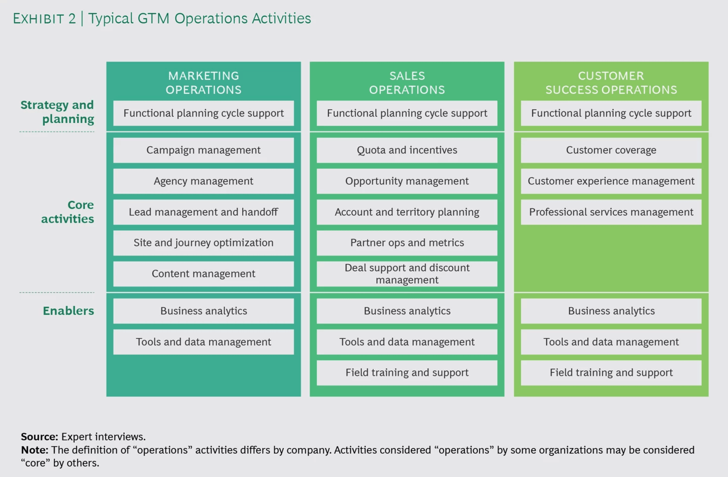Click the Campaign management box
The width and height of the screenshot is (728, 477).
[203, 150]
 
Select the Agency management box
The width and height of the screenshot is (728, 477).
[203, 181]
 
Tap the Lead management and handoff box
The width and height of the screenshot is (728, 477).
[203, 212]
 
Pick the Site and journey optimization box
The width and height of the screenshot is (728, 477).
[203, 243]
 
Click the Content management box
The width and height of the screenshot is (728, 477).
[203, 274]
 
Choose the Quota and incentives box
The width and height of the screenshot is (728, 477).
[407, 150]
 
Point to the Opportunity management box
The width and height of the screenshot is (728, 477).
[407, 181]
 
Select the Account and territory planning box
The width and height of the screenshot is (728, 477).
[407, 212]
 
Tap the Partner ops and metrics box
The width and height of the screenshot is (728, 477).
[407, 243]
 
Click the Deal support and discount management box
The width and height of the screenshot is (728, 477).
[407, 274]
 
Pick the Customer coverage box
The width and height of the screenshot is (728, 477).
[611, 150]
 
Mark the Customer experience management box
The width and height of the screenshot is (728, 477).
[611, 181]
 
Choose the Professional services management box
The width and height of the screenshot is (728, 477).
[611, 212]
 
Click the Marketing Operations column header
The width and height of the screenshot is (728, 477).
[203, 83]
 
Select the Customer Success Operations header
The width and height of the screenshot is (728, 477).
[611, 83]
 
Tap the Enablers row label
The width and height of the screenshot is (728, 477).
[68, 311]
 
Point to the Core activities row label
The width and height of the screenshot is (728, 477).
[68, 212]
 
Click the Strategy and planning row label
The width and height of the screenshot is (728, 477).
[57, 112]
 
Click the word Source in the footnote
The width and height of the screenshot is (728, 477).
[39, 437]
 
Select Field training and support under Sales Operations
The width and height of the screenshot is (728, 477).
[407, 373]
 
